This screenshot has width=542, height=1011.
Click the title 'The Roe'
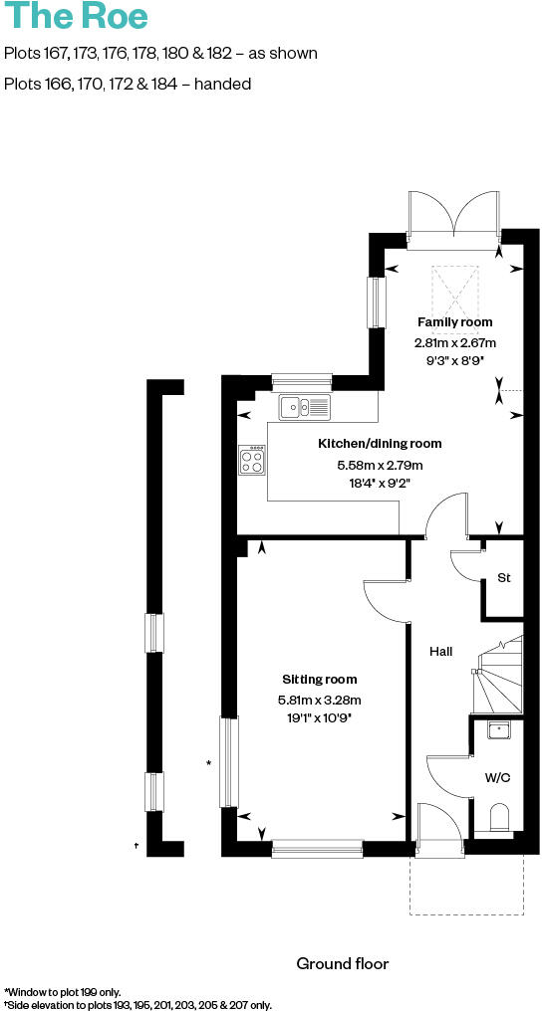click(x=77, y=17)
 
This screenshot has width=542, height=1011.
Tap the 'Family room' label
click(x=454, y=322)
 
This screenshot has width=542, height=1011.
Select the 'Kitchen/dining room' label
click(x=379, y=444)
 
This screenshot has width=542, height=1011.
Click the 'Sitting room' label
click(x=319, y=680)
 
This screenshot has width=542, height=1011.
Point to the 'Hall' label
click(x=440, y=652)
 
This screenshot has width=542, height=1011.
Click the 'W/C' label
click(x=497, y=777)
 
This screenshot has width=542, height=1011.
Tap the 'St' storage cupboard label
click(x=503, y=578)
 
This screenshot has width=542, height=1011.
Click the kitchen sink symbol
click(x=305, y=406)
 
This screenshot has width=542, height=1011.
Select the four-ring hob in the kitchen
click(x=252, y=459)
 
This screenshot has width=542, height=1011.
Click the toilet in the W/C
click(x=500, y=818)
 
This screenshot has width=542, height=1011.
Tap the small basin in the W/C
click(x=499, y=730)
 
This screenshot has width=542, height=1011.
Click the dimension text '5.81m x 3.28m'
click(x=319, y=699)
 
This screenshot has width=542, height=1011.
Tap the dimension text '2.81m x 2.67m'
click(x=454, y=342)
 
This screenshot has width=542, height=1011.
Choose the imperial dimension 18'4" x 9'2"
click(x=379, y=483)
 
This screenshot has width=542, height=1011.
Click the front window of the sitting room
click(x=317, y=848)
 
